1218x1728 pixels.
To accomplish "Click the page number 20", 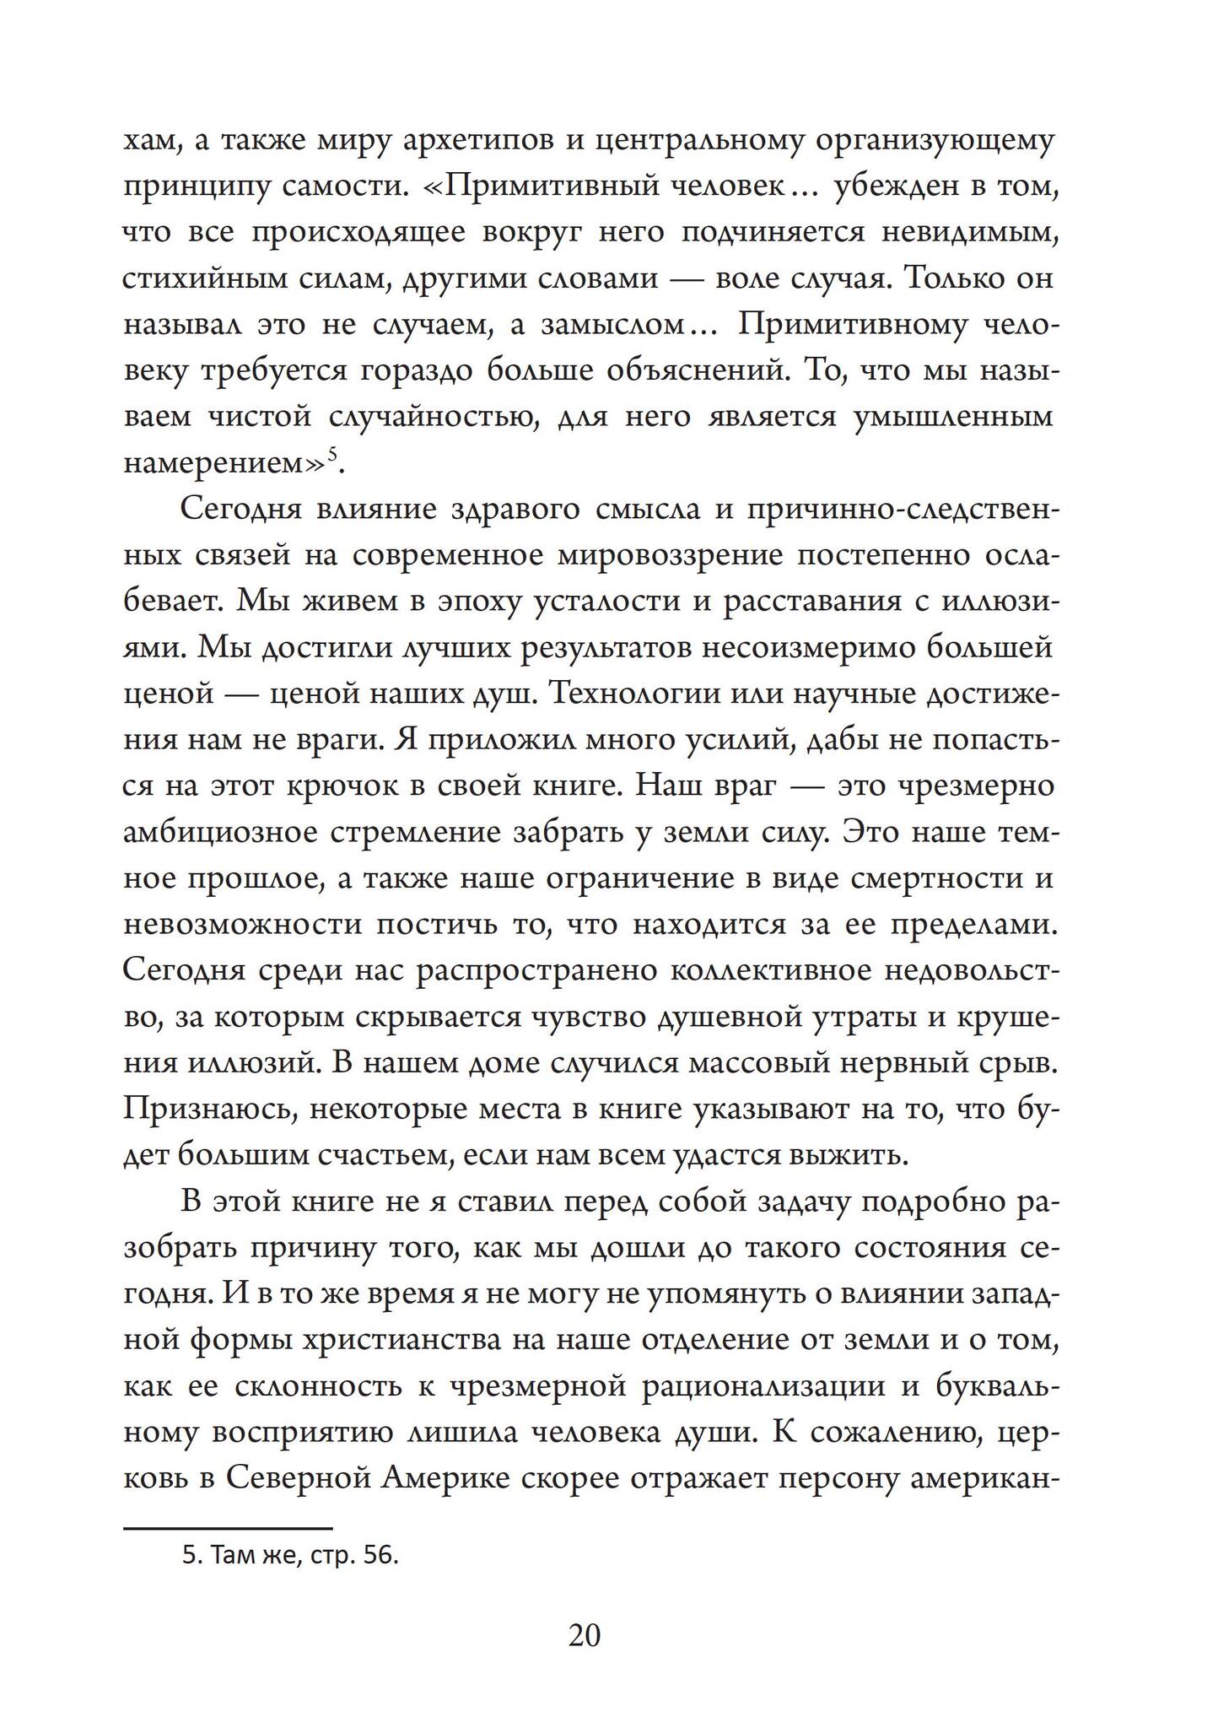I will pyautogui.click(x=584, y=1635).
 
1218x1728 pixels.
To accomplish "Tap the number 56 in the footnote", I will pyautogui.click(x=380, y=1556).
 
